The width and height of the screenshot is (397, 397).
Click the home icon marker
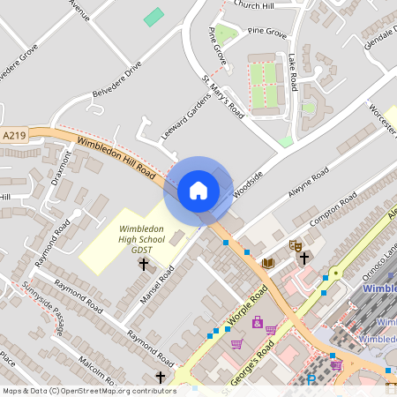point(198,191)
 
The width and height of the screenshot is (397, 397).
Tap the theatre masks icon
point(296,244)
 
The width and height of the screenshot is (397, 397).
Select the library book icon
point(268,263)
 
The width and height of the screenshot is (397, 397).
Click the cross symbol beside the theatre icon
point(304,258)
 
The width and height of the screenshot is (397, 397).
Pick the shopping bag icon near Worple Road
point(257,322)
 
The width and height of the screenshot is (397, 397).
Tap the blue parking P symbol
point(311,380)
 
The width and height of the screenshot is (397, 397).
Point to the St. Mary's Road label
point(223,96)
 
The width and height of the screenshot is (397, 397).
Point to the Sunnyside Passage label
point(43,310)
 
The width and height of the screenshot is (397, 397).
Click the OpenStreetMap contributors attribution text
point(89,391)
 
